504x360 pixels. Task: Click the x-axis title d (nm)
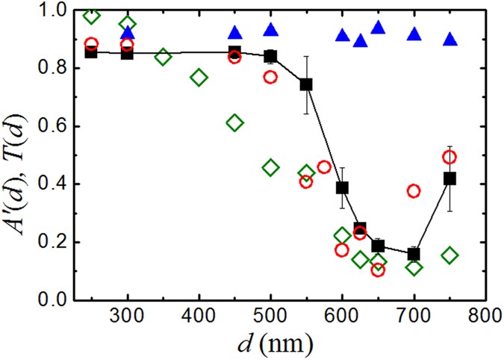[270, 344]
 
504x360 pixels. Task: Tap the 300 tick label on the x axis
[128, 316]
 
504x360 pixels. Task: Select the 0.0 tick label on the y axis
[54, 300]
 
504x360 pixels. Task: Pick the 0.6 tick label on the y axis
[54, 126]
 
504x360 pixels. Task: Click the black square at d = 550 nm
[306, 84]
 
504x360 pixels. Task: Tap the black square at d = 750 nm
[449, 179]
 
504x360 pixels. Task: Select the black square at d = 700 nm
[414, 254]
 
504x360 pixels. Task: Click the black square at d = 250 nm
[91, 52]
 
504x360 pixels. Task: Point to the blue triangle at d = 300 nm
[128, 32]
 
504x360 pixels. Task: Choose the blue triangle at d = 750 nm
[449, 39]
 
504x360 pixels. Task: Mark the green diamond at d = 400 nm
[199, 77]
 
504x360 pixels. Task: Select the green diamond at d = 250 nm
[91, 16]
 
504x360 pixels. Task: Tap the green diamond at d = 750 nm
[449, 255]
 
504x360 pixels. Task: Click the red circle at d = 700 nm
[414, 191]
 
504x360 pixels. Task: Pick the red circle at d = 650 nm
[378, 270]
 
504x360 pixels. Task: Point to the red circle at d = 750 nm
[449, 157]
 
